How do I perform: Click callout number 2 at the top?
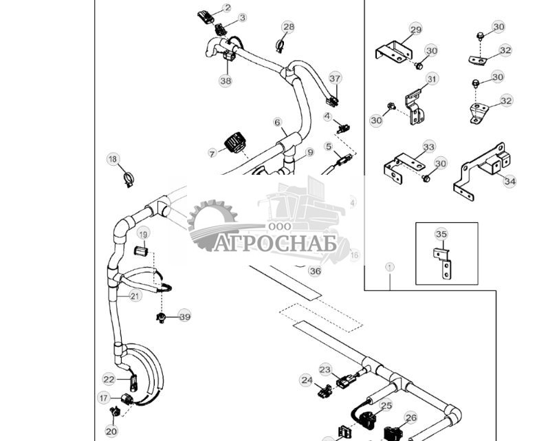coord(228,8)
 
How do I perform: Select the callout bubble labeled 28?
coord(288,27)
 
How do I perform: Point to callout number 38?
coord(226,80)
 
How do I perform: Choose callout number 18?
coord(113,160)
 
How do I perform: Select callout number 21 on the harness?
coord(135,296)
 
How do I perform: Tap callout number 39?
coord(184,316)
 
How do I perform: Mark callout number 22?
coord(109,379)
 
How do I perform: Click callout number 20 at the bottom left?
coord(111,431)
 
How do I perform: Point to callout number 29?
coord(416,29)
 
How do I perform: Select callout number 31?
coord(431,79)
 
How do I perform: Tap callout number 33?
coord(429,147)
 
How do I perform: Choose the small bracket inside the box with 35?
coord(443,261)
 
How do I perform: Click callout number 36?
coord(315,271)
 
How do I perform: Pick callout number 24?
coord(306,380)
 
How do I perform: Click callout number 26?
coord(410,418)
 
